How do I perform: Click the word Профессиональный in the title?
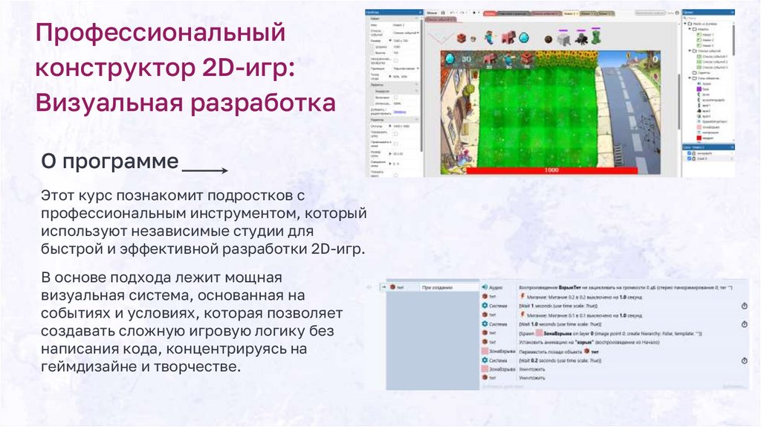click(161, 33)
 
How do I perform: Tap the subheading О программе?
click(110, 161)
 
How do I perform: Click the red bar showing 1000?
click(551, 170)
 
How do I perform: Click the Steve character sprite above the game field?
click(489, 37)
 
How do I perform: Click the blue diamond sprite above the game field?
click(524, 37)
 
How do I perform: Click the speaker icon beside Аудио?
click(482, 286)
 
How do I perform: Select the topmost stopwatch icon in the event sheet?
click(744, 306)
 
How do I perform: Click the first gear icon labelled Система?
click(482, 306)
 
